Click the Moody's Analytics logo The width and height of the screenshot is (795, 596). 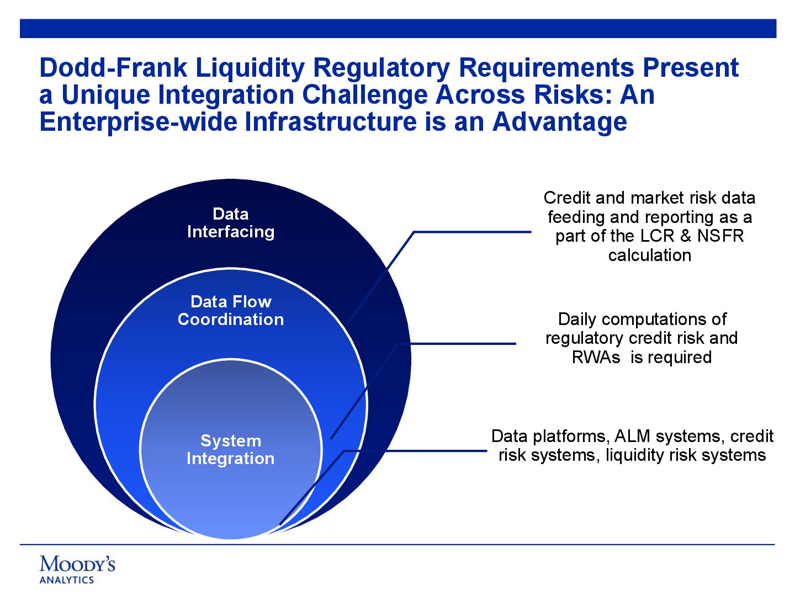pos(77,569)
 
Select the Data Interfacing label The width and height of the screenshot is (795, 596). pos(231,223)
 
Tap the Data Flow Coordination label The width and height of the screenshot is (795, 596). pos(231,311)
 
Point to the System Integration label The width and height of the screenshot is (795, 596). pos(231,450)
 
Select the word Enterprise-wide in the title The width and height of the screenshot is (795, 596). pos(137,122)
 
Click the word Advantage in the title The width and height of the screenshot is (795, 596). pos(560,122)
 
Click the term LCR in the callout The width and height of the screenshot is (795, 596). pos(658,236)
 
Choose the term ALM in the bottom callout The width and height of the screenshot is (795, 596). pos(632,437)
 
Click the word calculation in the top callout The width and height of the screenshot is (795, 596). pos(649,256)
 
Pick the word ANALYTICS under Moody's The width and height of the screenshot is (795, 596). pos(67,580)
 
